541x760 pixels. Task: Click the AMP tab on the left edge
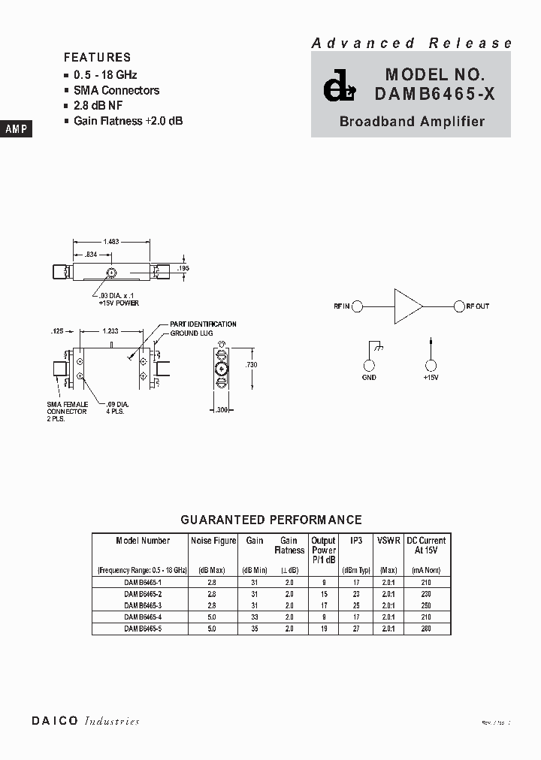click(16, 129)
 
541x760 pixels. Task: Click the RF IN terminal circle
click(358, 306)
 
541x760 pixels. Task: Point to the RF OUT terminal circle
click(458, 306)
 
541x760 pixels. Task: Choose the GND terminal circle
click(369, 366)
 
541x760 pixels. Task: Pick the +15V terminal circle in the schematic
click(431, 366)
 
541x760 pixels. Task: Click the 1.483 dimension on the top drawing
click(111, 242)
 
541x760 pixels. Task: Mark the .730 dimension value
click(252, 364)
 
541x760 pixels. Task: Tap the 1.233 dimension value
click(110, 330)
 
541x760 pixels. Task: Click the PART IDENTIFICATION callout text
click(203, 324)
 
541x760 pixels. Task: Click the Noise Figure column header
click(213, 541)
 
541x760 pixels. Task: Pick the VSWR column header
click(388, 541)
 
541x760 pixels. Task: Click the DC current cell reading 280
click(427, 629)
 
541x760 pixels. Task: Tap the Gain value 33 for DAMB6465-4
click(254, 617)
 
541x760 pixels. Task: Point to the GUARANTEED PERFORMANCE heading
click(271, 520)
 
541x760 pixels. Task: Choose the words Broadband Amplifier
click(412, 122)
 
